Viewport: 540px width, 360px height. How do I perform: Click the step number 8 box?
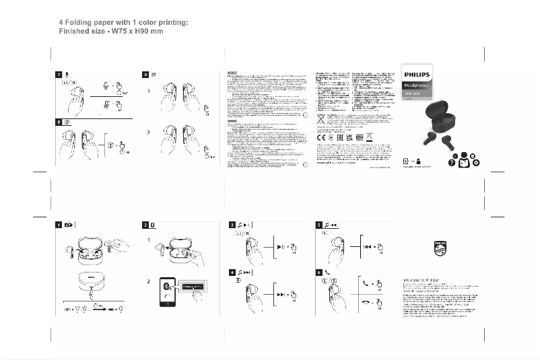coord(59,122)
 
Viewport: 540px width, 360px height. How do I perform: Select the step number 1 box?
coord(59,225)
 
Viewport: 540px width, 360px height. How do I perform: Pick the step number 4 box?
coord(232,272)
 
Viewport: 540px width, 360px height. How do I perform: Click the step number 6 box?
coord(319,272)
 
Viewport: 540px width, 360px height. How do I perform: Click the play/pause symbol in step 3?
coord(282,248)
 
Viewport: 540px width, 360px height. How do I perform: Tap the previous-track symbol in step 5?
coord(369,248)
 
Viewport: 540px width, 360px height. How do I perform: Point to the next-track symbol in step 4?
coord(282,295)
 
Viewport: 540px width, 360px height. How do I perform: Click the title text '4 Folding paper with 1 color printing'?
coord(123,23)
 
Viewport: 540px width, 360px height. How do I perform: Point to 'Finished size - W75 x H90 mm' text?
coord(111,32)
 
